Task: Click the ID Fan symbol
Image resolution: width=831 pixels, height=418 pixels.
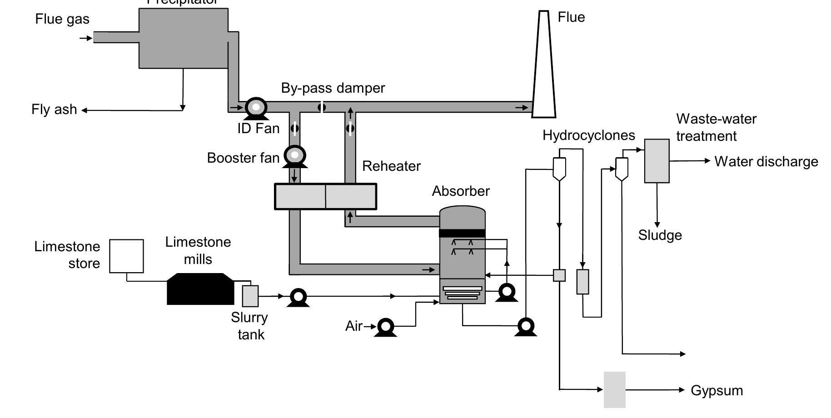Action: point(256,108)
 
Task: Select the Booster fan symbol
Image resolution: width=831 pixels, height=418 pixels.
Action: point(295,155)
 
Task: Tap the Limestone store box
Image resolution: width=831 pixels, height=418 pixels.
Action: point(126,256)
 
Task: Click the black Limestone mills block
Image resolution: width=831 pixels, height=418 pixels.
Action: point(200,289)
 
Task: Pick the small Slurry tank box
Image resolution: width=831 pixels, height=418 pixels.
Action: point(250,296)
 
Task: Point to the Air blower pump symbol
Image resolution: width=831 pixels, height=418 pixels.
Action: point(386,326)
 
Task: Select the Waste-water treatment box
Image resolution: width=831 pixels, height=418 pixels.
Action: point(657,161)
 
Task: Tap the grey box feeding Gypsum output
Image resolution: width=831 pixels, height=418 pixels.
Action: point(614,389)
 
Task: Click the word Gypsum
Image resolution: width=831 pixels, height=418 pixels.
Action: point(717,390)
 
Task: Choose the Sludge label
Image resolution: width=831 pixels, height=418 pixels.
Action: point(660,235)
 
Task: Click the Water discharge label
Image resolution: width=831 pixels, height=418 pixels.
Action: point(766,162)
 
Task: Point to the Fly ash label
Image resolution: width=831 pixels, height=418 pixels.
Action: point(54,109)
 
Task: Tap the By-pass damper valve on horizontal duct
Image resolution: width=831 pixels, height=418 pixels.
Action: point(321,107)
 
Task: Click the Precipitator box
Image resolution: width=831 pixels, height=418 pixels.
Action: point(183,39)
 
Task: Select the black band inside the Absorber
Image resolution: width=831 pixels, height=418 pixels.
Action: point(462,233)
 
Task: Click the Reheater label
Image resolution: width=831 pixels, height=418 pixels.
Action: point(391,166)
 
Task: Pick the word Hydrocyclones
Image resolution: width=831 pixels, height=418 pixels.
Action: point(588,135)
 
